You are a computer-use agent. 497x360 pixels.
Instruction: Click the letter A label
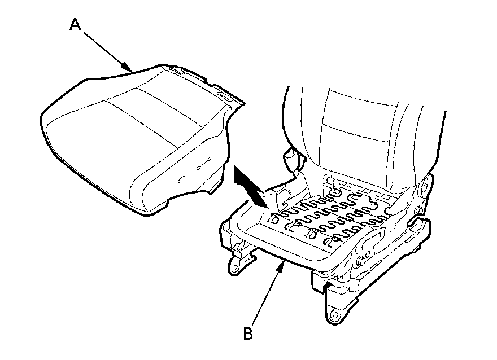click(76, 24)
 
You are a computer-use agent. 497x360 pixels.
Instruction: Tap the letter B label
click(247, 333)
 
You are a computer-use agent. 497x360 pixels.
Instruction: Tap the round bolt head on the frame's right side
click(360, 262)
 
